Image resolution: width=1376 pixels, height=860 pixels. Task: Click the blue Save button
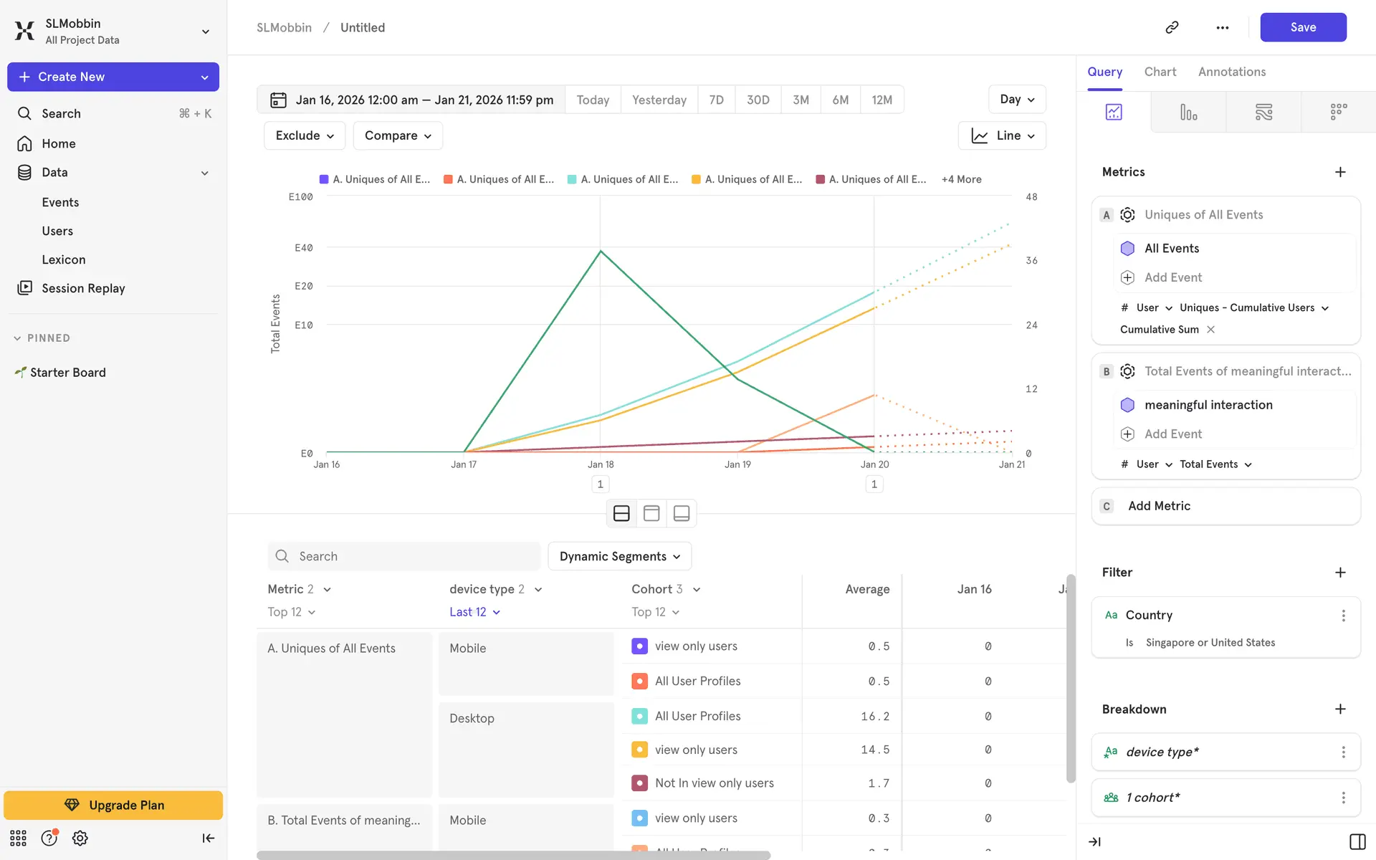[1302, 27]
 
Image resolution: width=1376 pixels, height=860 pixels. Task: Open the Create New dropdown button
[113, 77]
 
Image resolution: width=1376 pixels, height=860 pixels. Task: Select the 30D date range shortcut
[758, 100]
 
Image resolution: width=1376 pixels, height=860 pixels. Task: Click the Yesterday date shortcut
[659, 100]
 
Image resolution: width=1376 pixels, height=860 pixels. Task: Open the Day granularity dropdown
[1016, 100]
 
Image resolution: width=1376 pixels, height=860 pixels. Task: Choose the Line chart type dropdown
[1001, 135]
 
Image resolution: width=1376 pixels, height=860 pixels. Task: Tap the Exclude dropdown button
[305, 135]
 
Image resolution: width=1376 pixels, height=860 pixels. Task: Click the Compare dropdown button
[398, 135]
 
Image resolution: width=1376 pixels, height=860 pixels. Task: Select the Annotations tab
[1231, 72]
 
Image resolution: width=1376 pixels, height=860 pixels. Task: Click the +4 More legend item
[961, 179]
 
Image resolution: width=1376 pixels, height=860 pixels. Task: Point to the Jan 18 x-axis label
[601, 464]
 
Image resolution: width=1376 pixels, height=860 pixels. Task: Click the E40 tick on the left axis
[304, 248]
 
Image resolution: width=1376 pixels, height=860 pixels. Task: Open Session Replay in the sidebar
[83, 288]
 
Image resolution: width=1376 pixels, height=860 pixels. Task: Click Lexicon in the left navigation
[63, 259]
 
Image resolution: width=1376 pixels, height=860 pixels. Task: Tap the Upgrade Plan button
[113, 805]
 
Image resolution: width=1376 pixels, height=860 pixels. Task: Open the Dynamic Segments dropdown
[619, 556]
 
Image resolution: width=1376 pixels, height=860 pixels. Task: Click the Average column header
[867, 589]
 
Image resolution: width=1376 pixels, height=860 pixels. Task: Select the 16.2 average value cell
[874, 716]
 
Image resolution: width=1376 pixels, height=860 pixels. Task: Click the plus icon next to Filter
[1340, 572]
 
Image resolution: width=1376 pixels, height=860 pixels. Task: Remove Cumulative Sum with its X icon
[1210, 330]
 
